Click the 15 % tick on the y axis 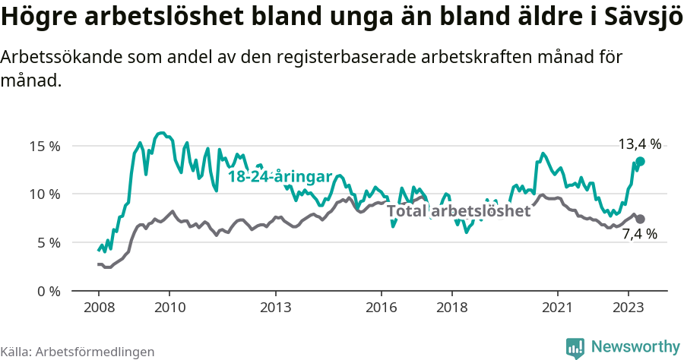point(44,146)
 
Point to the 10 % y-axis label point(44,194)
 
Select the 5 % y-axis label point(47,243)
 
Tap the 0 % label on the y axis point(47,291)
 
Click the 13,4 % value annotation point(639,144)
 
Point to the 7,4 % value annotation point(639,234)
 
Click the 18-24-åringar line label point(280,176)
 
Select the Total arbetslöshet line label point(459,210)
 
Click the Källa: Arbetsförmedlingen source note point(78,352)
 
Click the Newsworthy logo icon point(576,347)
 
